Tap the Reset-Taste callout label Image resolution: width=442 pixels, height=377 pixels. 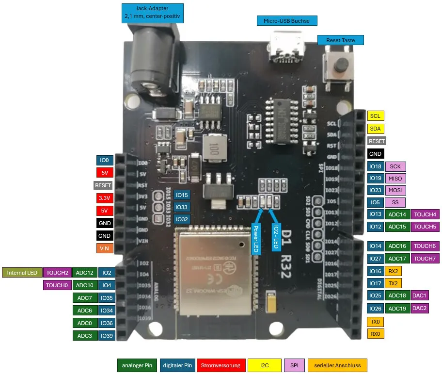(x=340, y=40)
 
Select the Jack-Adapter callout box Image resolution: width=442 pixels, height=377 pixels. (x=152, y=13)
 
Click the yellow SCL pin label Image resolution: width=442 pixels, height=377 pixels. (x=375, y=116)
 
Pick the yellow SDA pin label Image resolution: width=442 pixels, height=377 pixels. (x=375, y=129)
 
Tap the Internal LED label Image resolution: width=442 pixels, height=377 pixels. (x=22, y=273)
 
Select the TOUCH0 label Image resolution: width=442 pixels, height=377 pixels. (x=57, y=285)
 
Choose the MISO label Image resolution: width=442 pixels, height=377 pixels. (x=395, y=179)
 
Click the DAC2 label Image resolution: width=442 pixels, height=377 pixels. (x=420, y=308)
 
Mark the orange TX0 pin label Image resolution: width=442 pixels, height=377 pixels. (x=375, y=322)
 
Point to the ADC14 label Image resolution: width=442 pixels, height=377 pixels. (x=397, y=214)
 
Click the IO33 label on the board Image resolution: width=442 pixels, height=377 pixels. (x=182, y=207)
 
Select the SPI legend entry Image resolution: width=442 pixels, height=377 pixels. (x=294, y=365)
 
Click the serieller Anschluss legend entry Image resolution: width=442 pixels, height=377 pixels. (x=337, y=365)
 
